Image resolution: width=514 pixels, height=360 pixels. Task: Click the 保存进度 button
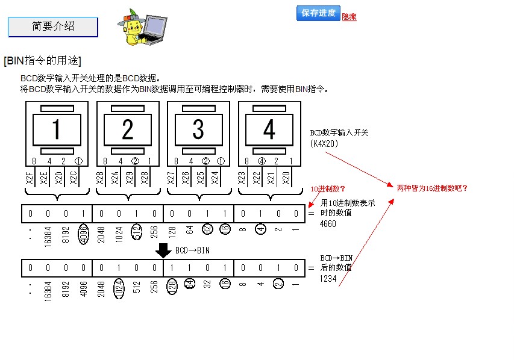318,13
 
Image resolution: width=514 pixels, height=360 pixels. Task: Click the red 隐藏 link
349,17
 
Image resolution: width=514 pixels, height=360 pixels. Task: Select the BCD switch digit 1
57,129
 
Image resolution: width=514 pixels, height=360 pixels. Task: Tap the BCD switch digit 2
128,129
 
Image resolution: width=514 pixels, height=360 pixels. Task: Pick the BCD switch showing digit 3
198,129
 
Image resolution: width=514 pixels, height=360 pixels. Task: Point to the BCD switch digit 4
269,129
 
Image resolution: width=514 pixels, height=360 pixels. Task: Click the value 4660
328,224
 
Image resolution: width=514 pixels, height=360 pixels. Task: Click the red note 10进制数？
328,188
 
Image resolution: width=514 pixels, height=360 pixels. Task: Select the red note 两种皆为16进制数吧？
432,188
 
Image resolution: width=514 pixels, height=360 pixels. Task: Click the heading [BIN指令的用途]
42,61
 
